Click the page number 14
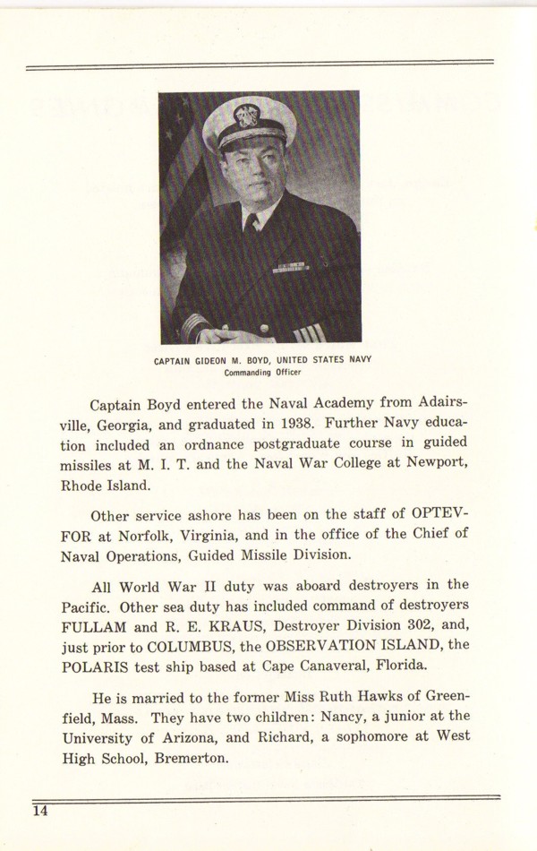coord(40,812)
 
